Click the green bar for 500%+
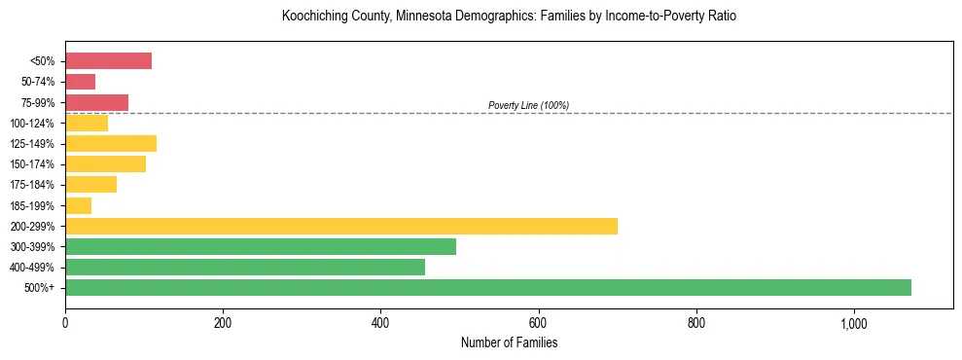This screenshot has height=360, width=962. [488, 287]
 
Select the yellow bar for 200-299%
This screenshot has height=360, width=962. [341, 226]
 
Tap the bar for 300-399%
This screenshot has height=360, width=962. [261, 246]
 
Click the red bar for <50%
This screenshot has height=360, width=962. [108, 61]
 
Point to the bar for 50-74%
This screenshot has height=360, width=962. [80, 82]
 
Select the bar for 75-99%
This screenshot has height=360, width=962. [96, 102]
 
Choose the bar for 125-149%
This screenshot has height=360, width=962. [111, 144]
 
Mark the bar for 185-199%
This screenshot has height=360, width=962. [78, 205]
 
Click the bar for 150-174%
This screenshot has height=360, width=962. [105, 164]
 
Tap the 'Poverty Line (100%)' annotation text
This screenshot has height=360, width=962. [528, 105]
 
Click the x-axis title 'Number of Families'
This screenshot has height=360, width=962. [509, 342]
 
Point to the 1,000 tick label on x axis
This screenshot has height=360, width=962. [853, 323]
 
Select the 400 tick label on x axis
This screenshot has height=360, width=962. [380, 323]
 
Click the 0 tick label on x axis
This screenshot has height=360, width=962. [65, 323]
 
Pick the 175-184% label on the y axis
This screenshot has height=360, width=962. [32, 185]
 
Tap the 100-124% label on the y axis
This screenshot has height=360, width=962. [32, 124]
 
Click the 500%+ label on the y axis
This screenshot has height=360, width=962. [40, 288]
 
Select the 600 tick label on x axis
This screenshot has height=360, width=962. [538, 323]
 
